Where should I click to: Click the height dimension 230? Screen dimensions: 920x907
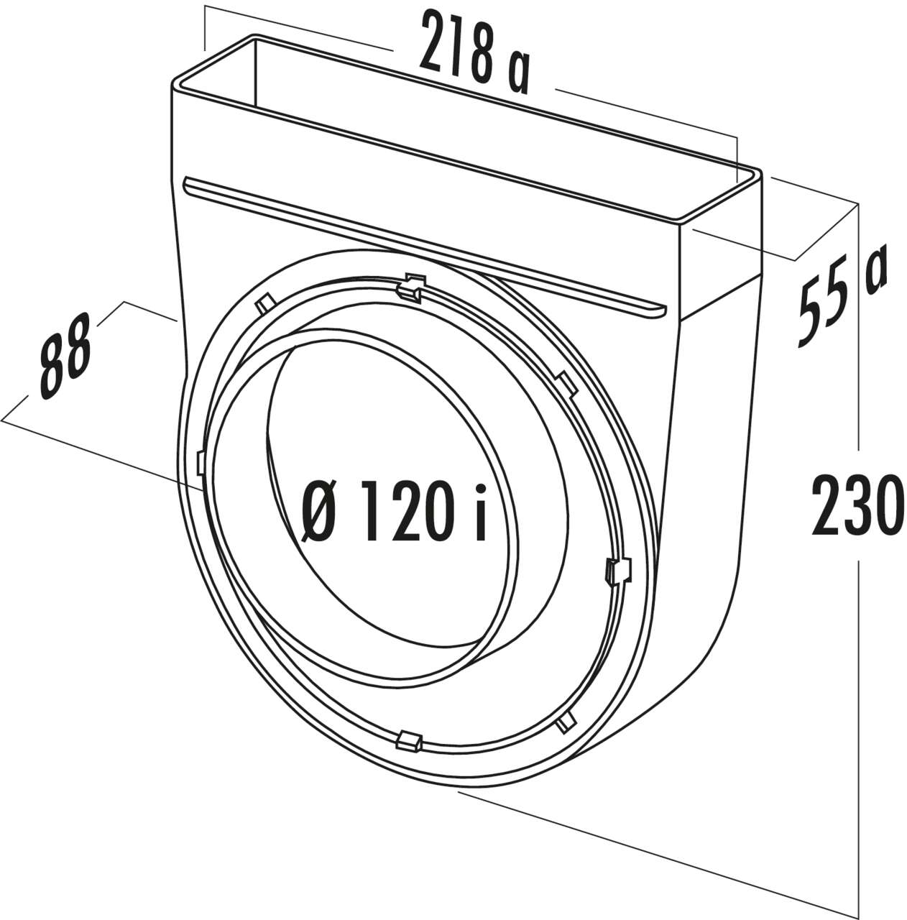[x=855, y=504]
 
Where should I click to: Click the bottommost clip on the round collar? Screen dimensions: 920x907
[x=408, y=738]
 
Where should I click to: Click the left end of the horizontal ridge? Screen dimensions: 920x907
[x=188, y=185]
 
